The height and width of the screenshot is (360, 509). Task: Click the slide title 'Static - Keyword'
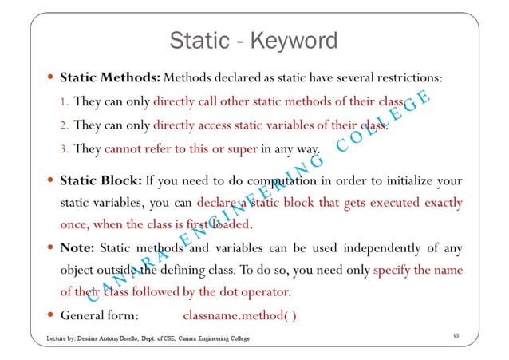click(x=254, y=39)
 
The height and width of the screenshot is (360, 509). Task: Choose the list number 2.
click(x=65, y=125)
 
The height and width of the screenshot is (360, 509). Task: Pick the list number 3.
click(x=65, y=149)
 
